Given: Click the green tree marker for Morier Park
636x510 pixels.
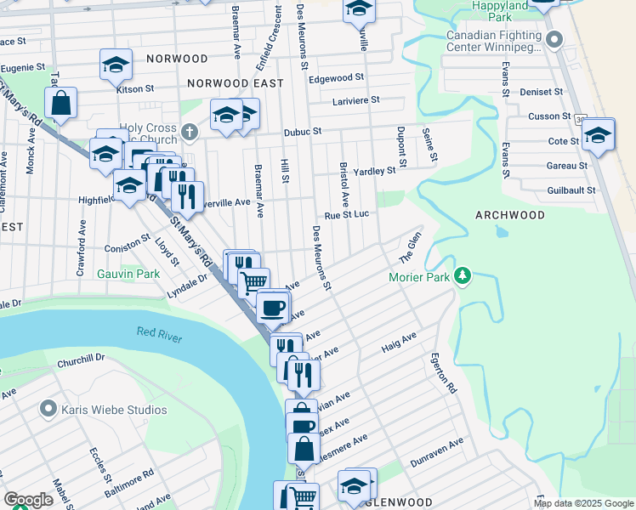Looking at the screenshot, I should (x=463, y=276).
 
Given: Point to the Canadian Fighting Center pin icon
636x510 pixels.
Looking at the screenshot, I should (x=555, y=39).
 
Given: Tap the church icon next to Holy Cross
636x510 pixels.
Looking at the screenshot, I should (x=189, y=132).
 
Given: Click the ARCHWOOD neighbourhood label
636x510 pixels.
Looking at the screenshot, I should (x=510, y=215).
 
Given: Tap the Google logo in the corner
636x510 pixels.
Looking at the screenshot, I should (x=27, y=500).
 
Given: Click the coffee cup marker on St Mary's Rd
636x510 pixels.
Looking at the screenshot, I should (x=272, y=308).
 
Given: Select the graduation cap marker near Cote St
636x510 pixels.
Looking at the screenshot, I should (x=599, y=135).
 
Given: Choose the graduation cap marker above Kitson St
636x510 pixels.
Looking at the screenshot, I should (x=116, y=64).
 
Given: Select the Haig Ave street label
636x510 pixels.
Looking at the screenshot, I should (x=399, y=342).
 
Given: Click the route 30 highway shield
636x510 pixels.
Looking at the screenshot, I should (x=578, y=117).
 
